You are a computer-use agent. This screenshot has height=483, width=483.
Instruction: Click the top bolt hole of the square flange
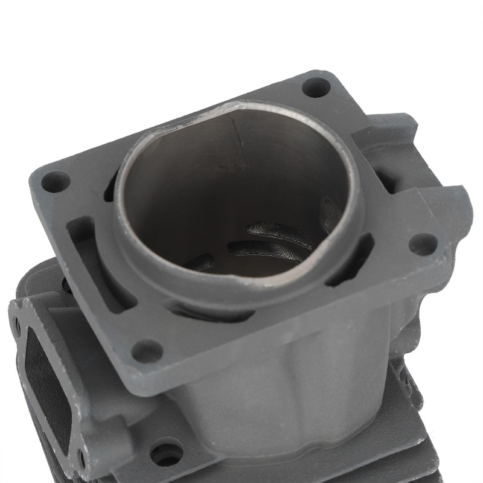pos(316,87)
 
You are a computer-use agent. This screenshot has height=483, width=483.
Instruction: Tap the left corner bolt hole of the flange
pos(56,181)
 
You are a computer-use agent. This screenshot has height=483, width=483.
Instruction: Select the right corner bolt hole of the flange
pos(423,244)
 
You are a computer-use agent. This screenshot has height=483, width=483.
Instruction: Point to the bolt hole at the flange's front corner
pos(147,350)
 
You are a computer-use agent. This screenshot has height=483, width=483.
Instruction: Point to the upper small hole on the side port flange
pos(18,327)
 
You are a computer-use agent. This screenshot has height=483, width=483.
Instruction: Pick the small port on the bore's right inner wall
pos(330,214)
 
